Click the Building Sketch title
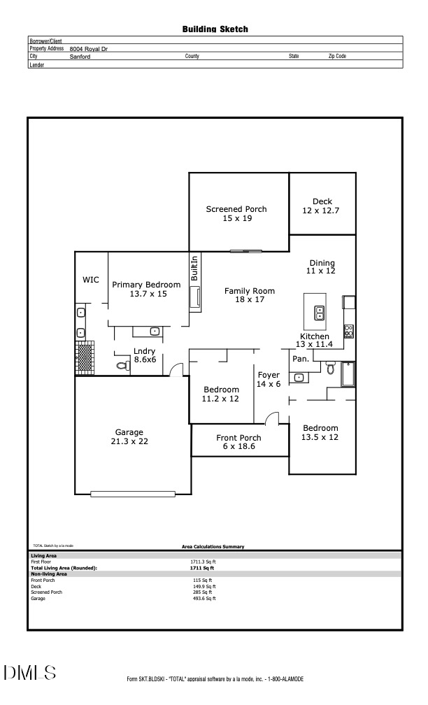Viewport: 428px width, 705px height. tap(215, 29)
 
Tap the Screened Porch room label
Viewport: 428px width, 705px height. tap(236, 214)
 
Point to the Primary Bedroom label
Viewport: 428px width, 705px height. tap(146, 290)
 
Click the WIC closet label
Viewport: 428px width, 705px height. tap(91, 280)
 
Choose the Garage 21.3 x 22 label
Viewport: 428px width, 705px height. tap(129, 436)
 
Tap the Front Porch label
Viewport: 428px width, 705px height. tap(238, 442)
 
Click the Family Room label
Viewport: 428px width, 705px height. tap(249, 295)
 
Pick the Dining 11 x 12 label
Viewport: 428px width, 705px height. tap(322, 266)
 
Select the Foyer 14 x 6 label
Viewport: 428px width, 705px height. tap(269, 379)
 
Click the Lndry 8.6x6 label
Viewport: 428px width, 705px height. tap(145, 355)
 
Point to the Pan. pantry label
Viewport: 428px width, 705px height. tap(301, 359)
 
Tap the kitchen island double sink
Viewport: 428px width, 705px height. tap(320, 312)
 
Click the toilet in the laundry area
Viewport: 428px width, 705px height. tap(121, 366)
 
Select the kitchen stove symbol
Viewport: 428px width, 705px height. tap(348, 331)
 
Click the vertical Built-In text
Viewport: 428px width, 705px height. tap(195, 269)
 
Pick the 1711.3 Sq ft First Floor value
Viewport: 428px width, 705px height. tap(203, 562)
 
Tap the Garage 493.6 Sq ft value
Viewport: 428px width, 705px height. tap(204, 598)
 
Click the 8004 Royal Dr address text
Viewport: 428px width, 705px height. tap(89, 49)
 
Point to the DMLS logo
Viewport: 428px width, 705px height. tap(30, 673)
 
